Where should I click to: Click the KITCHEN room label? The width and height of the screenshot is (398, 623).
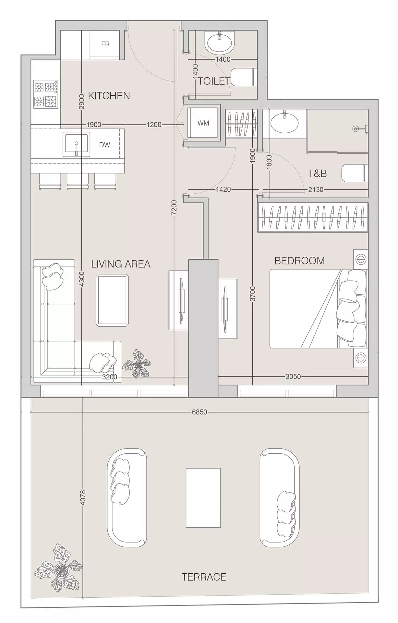(x=109, y=96)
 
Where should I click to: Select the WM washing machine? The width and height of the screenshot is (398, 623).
(x=203, y=123)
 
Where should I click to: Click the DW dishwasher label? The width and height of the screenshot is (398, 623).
(x=104, y=145)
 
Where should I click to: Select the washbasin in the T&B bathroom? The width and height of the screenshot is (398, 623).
(x=284, y=122)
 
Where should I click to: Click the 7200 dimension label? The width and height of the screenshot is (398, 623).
(x=174, y=207)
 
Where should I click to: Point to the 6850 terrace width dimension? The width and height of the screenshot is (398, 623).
(x=199, y=412)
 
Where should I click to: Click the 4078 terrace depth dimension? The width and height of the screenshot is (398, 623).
(x=83, y=497)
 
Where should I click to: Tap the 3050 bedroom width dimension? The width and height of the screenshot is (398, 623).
(x=293, y=376)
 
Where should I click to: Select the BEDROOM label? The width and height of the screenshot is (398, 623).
(x=299, y=261)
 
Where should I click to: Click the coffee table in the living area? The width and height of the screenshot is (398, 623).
(x=112, y=300)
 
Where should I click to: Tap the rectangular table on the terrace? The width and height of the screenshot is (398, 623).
(x=203, y=497)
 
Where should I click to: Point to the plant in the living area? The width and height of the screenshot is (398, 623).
(x=137, y=364)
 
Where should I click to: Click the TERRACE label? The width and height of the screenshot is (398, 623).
(x=204, y=577)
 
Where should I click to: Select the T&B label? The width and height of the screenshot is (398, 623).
(x=317, y=174)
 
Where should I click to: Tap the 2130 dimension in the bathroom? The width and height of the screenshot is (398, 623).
(x=316, y=189)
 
